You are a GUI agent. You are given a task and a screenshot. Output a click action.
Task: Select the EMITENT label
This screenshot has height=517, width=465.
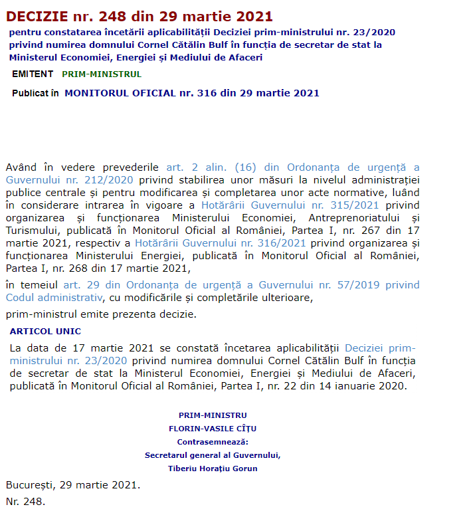coord(33,74)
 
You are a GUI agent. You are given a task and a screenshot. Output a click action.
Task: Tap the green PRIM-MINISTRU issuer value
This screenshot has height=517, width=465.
coord(102,74)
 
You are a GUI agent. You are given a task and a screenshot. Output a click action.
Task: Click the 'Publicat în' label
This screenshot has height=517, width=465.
coord(35,93)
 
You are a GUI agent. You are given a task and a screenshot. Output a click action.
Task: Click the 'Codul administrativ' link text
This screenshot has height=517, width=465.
coord(54,297)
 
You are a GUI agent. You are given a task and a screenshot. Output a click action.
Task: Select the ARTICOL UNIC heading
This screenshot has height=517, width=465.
coord(45,331)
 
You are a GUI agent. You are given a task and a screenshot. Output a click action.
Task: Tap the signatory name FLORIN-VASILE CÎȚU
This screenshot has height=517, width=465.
coord(213,429)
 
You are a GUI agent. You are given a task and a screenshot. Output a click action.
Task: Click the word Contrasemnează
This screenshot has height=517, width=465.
coord(213,442)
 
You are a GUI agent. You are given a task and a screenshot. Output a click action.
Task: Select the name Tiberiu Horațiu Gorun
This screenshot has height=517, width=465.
coord(213,468)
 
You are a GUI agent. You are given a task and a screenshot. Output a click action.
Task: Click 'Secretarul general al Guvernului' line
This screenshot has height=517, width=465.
coord(213,455)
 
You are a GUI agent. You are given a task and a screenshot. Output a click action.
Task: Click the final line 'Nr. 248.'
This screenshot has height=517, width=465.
coord(25,502)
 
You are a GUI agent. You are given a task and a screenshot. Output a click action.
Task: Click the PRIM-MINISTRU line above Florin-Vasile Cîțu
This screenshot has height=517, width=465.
coord(213,415)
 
